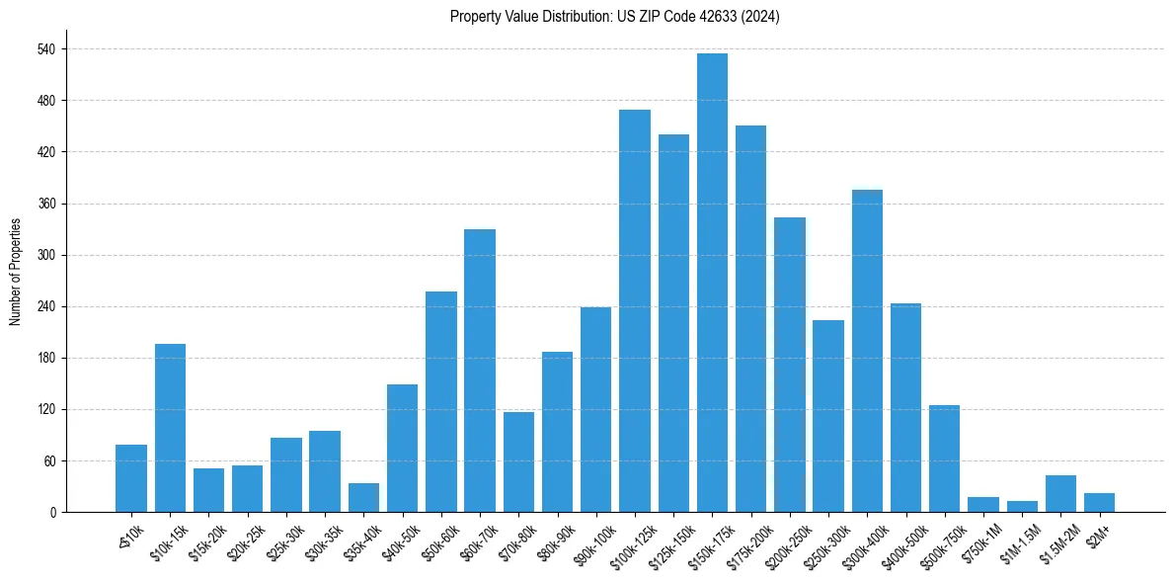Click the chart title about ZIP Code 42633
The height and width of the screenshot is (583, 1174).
(614, 17)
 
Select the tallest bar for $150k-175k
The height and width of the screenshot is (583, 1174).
(712, 283)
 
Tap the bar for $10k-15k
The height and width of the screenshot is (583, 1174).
(170, 428)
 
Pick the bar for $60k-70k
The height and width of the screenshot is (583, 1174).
(480, 371)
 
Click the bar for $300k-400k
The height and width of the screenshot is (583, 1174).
(867, 351)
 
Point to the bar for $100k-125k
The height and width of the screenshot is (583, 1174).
(635, 310)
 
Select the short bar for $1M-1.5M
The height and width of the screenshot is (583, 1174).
(1022, 506)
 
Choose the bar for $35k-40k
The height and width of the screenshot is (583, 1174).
(363, 497)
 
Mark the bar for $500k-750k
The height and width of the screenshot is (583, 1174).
(944, 458)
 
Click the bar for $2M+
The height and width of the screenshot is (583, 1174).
(1099, 502)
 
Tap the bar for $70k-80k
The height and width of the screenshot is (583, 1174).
(518, 461)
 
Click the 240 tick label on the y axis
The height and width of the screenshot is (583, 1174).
(47, 306)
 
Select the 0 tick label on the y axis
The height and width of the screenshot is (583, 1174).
(53, 512)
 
